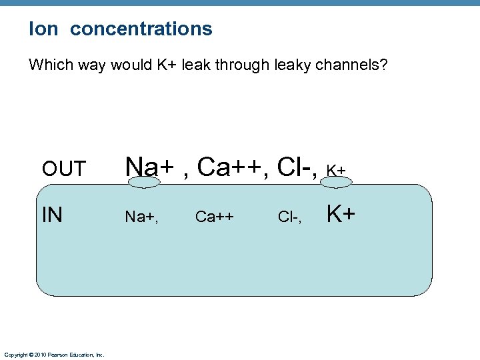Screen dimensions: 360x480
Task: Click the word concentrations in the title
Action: point(141,29)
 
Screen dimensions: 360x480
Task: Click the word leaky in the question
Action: point(290,66)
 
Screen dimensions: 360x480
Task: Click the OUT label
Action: point(64,169)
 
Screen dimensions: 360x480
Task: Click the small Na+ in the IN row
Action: point(142,217)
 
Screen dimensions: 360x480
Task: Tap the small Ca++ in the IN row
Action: point(214,217)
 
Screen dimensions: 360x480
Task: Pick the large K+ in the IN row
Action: point(340,214)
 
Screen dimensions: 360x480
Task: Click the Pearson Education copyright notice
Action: point(54,355)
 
